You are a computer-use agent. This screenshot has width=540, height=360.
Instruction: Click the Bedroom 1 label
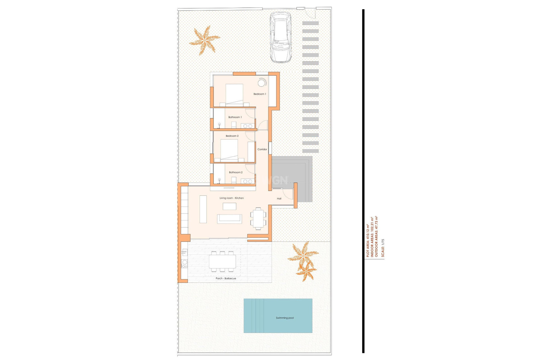click(x=260, y=94)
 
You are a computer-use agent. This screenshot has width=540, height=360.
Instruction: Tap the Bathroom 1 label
click(x=235, y=117)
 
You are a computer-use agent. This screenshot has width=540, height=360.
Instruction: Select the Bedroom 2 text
click(x=232, y=136)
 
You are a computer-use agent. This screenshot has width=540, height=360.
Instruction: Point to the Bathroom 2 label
click(x=235, y=172)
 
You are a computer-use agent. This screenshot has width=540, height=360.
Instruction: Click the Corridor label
click(x=262, y=149)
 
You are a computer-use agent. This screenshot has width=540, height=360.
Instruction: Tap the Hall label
click(x=279, y=199)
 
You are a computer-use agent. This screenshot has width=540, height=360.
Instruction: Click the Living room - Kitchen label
click(x=231, y=198)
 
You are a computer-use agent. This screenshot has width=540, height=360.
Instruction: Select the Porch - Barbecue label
click(x=226, y=278)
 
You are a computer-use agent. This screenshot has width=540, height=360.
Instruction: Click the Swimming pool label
click(x=285, y=318)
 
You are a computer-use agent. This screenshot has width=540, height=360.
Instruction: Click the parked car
click(x=280, y=37)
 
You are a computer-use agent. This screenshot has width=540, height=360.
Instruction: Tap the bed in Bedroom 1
click(x=234, y=94)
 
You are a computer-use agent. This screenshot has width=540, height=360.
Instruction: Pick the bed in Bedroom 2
click(x=229, y=150)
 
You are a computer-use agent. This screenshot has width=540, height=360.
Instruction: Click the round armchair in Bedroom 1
click(x=262, y=83)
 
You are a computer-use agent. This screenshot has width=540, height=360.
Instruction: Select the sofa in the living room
click(x=229, y=219)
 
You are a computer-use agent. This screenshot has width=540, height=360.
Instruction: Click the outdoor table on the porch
click(x=222, y=262)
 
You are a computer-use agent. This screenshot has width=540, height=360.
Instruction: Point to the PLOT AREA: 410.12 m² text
click(x=368, y=241)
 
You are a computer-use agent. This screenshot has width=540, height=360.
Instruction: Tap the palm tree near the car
click(x=204, y=40)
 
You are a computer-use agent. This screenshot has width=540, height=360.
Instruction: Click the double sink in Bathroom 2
click(x=247, y=181)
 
